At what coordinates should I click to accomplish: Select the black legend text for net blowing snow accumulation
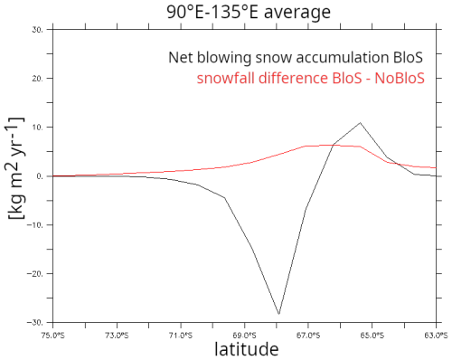tap(308, 58)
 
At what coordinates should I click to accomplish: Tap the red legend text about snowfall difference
tap(322, 78)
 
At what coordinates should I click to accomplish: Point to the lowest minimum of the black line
tap(279, 314)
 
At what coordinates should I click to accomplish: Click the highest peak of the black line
tap(360, 122)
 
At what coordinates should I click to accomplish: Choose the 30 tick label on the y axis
tap(41, 29)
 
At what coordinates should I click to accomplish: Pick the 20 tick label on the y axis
tap(41, 78)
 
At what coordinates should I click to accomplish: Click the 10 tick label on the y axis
tap(41, 127)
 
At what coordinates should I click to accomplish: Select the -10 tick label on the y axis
tap(39, 224)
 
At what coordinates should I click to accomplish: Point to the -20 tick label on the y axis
tap(39, 273)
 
